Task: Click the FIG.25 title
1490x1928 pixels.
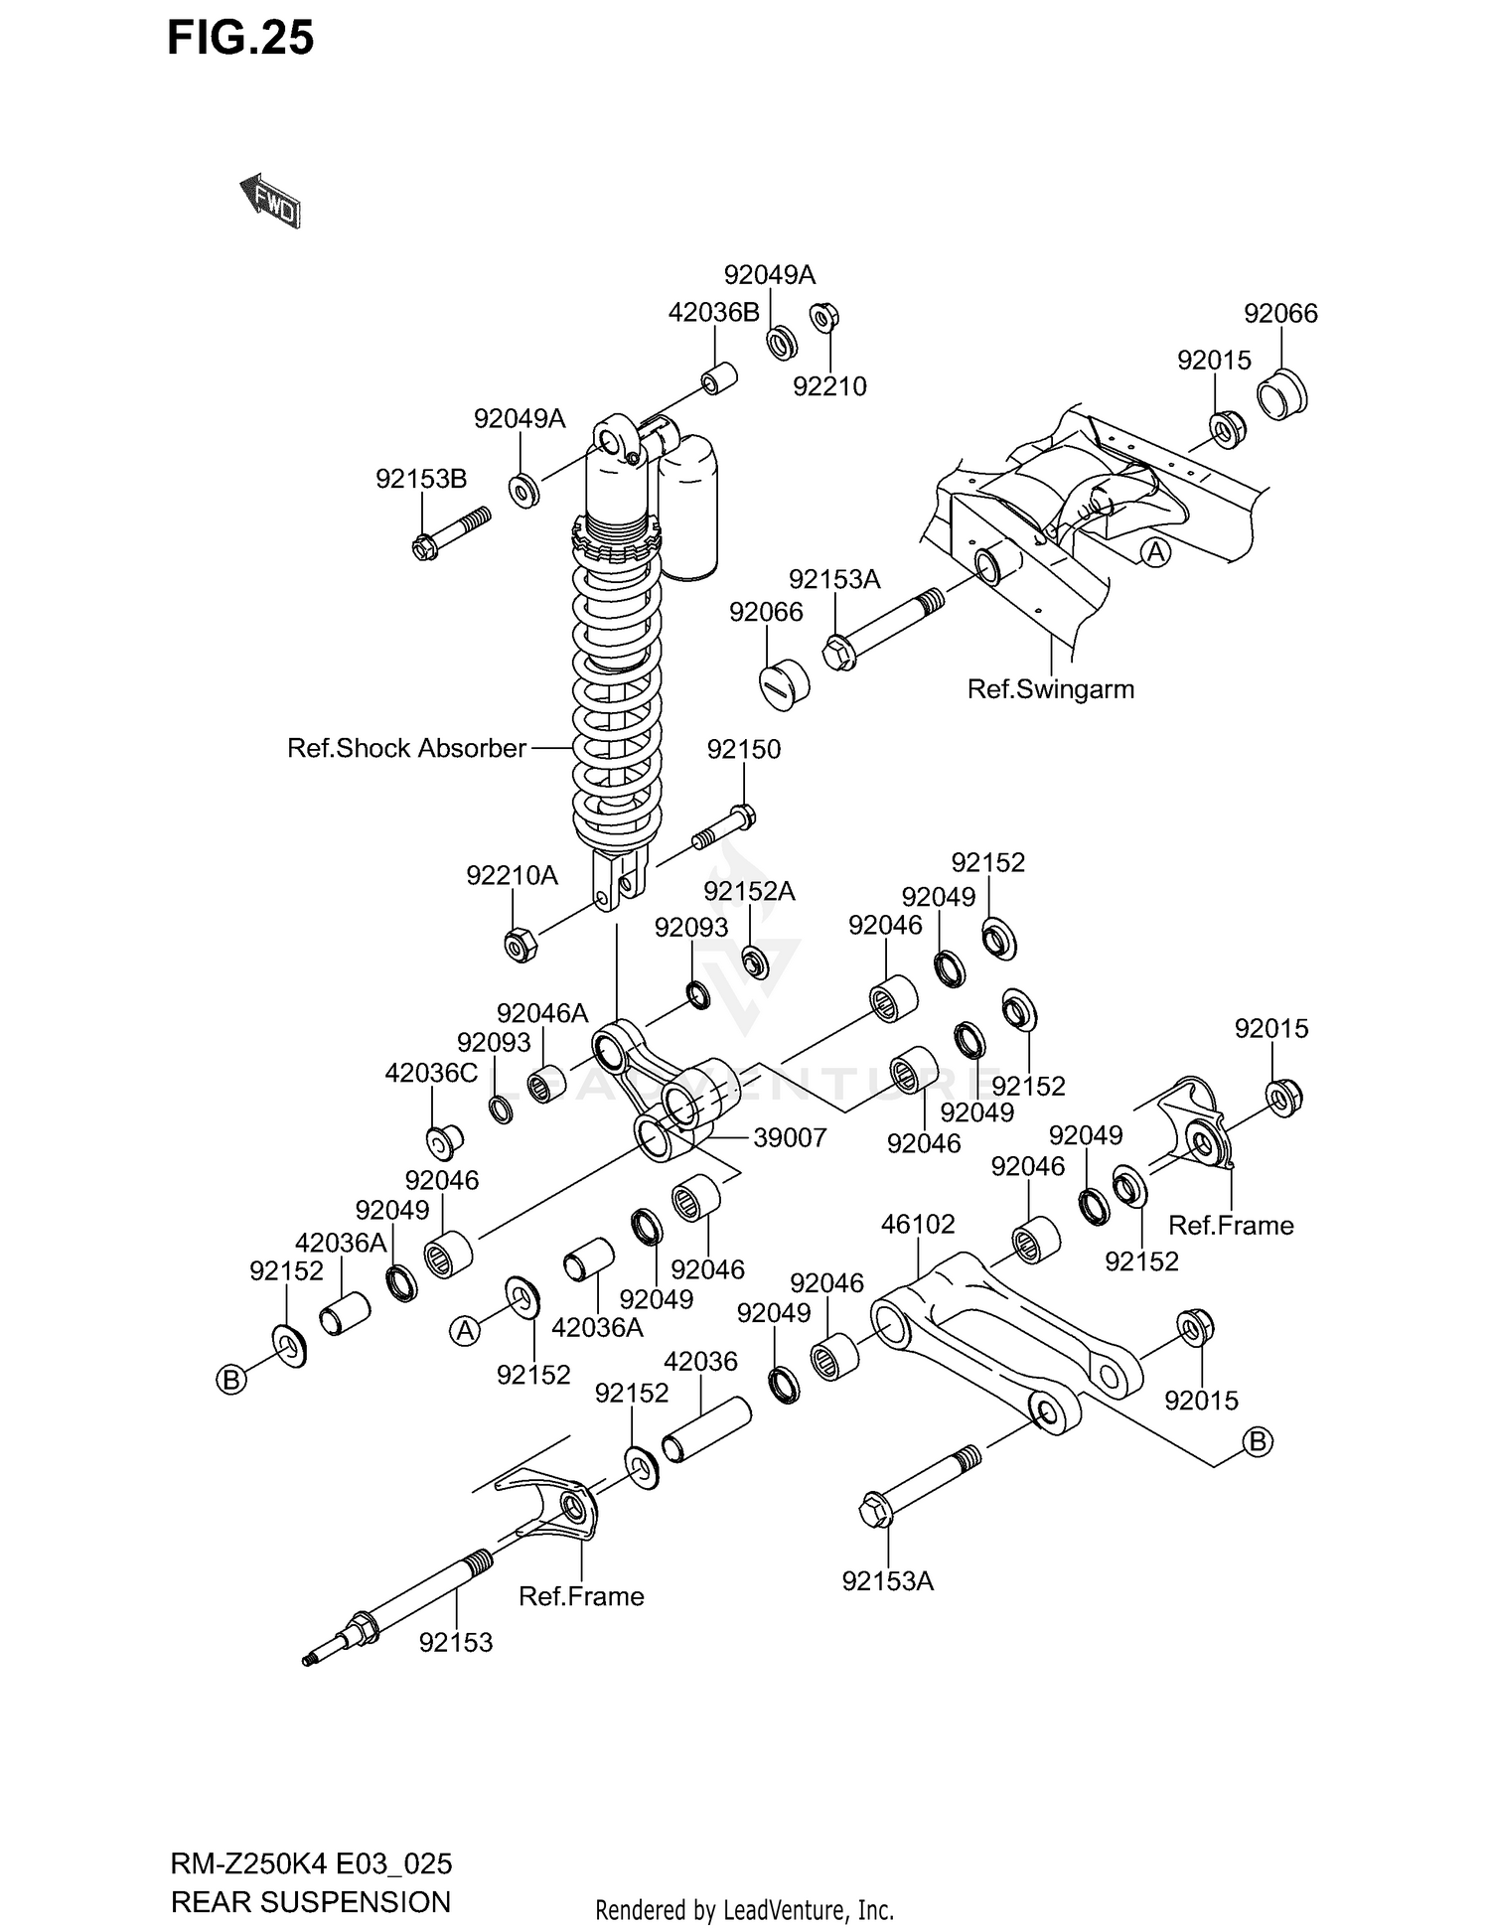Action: pyautogui.click(x=240, y=38)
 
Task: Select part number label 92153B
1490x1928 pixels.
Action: pyautogui.click(x=421, y=479)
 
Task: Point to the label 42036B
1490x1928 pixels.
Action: pyautogui.click(x=713, y=313)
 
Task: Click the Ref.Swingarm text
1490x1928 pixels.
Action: pyautogui.click(x=1050, y=688)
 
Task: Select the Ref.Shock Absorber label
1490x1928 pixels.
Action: pyautogui.click(x=406, y=748)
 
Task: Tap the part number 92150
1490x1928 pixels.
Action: pyautogui.click(x=743, y=749)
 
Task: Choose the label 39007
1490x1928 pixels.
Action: pyautogui.click(x=790, y=1137)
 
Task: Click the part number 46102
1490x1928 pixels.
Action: pyautogui.click(x=918, y=1224)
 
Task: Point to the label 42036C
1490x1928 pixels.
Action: pyautogui.click(x=431, y=1073)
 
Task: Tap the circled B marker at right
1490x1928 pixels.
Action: pyautogui.click(x=1258, y=1441)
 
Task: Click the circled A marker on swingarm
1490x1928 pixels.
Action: pyautogui.click(x=1155, y=551)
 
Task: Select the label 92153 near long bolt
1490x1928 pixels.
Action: pyautogui.click(x=455, y=1642)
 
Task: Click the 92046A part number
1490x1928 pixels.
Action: pyautogui.click(x=542, y=1013)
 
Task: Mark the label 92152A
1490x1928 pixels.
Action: pyautogui.click(x=749, y=891)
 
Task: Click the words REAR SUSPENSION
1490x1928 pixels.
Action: pyautogui.click(x=311, y=1901)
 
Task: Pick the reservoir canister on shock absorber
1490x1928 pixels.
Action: pyautogui.click(x=688, y=507)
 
